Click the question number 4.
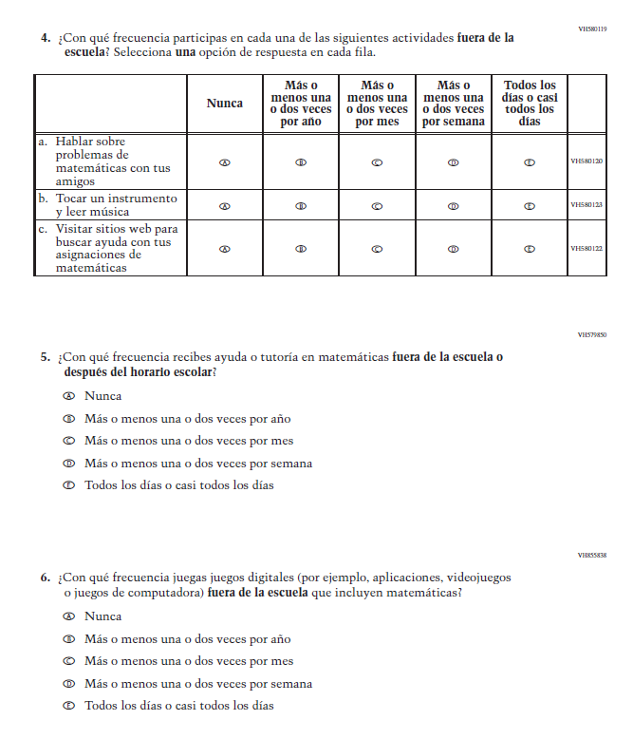pyautogui.click(x=45, y=38)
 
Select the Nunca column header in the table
pyautogui.click(x=225, y=104)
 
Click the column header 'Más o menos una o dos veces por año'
pyautogui.click(x=301, y=104)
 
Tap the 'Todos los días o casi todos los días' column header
pyautogui.click(x=530, y=104)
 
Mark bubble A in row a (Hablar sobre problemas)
pyautogui.click(x=225, y=162)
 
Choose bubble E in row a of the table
pyautogui.click(x=530, y=162)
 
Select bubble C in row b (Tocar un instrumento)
pyautogui.click(x=377, y=205)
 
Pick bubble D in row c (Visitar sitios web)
pyautogui.click(x=453, y=249)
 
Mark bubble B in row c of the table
pyautogui.click(x=301, y=249)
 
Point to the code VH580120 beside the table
pyautogui.click(x=586, y=162)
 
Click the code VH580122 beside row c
pyautogui.click(x=586, y=249)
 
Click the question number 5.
pyautogui.click(x=45, y=358)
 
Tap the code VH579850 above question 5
pyautogui.click(x=592, y=335)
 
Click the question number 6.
pyautogui.click(x=45, y=578)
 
